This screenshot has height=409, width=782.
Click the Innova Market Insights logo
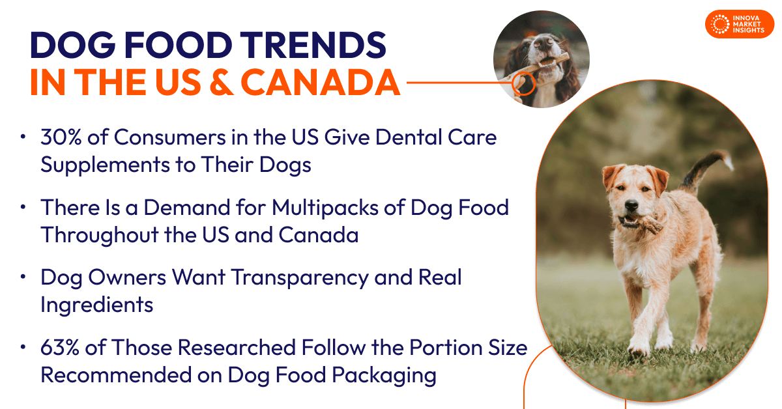pos(740,23)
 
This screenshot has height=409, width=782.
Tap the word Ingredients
pos(96,305)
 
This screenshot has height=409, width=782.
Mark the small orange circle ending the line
pos(523,83)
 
